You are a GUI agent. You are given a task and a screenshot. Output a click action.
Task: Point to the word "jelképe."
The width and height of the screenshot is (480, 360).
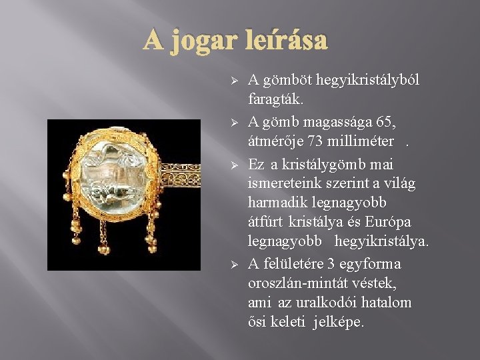[338, 323]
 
